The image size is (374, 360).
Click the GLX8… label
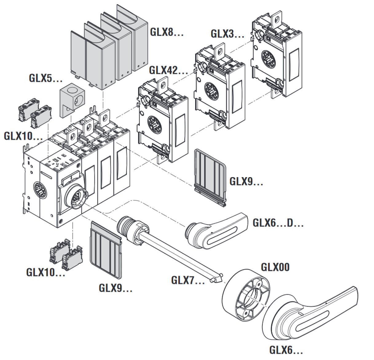pyautogui.click(x=167, y=32)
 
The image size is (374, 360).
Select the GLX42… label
pyautogui.click(x=168, y=70)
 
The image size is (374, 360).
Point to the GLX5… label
pyautogui.click(x=45, y=78)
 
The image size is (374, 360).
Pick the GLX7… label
pyautogui.click(x=188, y=280)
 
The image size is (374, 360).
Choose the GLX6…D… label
pyautogui.click(x=278, y=223)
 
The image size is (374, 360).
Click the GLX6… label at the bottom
pyautogui.click(x=286, y=350)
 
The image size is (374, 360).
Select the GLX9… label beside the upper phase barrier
pyautogui.click(x=246, y=181)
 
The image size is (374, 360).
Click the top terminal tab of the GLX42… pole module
pyautogui.click(x=162, y=86)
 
